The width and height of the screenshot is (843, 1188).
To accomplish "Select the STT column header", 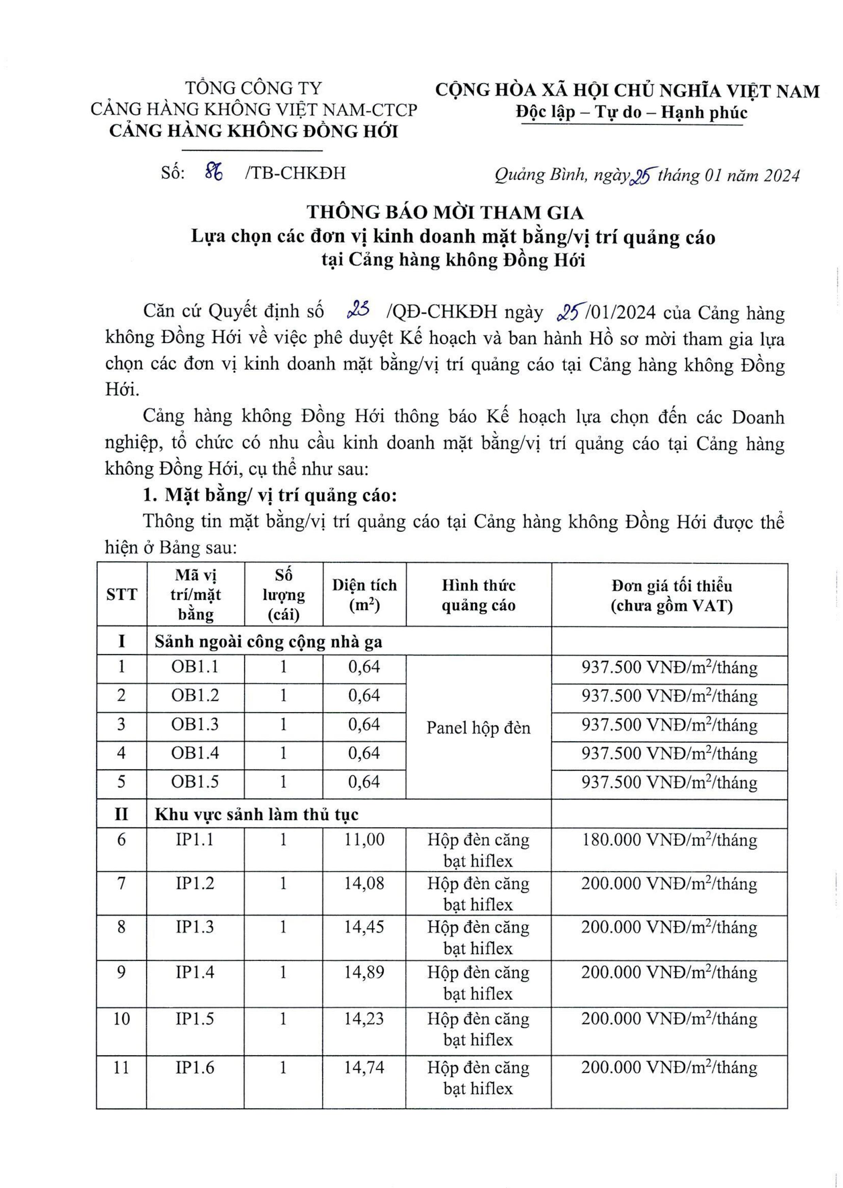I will point(121,595).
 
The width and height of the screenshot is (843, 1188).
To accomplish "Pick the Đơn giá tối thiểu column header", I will point(671,595).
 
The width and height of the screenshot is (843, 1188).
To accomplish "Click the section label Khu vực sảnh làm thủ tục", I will point(256,815).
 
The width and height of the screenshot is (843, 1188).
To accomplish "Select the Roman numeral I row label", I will point(121,642).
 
